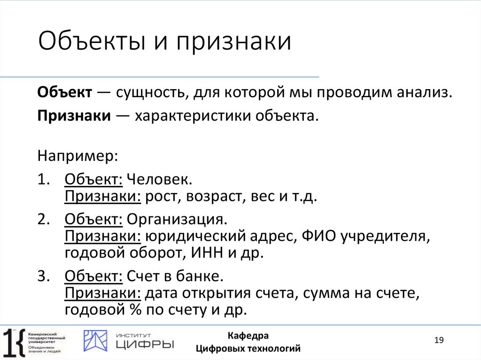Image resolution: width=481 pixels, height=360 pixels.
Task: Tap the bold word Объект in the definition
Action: pos(65,92)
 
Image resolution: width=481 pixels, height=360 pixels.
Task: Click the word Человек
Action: pos(160,180)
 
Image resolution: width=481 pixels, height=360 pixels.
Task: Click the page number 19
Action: pos(439,340)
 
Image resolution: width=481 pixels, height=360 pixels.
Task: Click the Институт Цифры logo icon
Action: pos(95,341)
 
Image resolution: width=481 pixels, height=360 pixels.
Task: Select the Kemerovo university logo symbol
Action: pos(14,342)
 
